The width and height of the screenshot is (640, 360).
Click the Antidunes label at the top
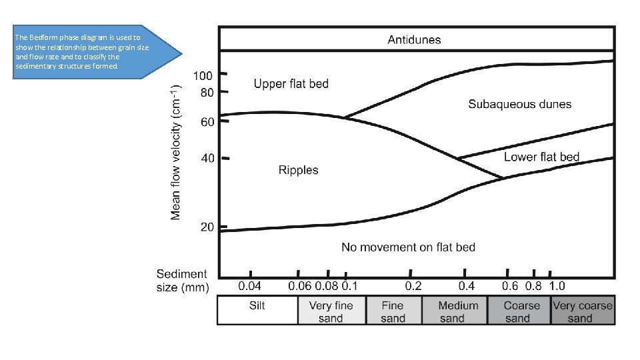coord(414,40)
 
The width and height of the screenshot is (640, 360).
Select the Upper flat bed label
coord(291,84)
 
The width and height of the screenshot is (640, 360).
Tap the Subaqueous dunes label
coord(519,104)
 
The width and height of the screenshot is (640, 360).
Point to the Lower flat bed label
coord(541,157)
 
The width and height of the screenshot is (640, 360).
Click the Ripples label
coord(298,170)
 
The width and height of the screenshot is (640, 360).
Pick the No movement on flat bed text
coord(408,247)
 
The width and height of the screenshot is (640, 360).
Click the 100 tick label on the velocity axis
coord(203,76)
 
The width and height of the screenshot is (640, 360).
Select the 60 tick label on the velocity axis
coord(207,122)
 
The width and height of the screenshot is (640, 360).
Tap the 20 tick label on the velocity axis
coord(207,227)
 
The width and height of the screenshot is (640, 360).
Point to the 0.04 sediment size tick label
coord(251,286)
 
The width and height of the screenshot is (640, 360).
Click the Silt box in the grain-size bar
coord(257,306)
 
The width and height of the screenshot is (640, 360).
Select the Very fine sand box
coord(331,311)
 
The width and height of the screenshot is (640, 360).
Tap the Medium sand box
coord(457,311)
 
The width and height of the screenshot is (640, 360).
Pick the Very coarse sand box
coord(582,311)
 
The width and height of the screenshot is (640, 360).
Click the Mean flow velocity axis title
coord(176,152)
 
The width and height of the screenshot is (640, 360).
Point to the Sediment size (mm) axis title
coord(182,281)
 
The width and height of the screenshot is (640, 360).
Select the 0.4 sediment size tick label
coord(466,286)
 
